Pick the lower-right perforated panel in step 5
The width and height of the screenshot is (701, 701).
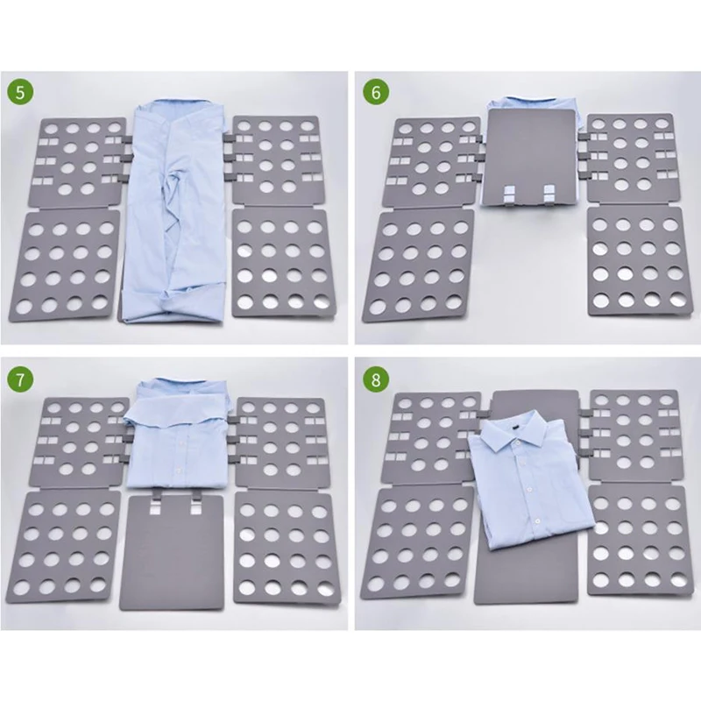tap(280, 263)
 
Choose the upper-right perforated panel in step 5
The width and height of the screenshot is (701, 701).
tap(276, 158)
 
